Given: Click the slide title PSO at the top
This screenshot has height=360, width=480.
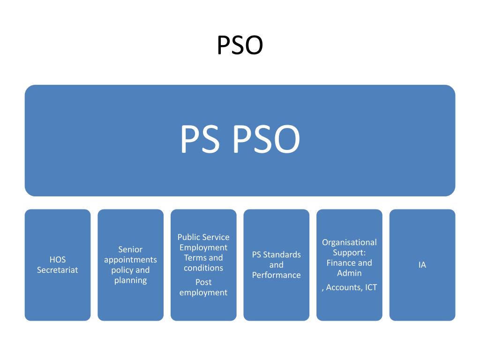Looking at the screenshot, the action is [240, 46].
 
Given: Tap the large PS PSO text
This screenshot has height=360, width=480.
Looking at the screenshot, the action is [240, 139].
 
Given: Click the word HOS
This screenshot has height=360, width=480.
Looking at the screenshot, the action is [58, 260].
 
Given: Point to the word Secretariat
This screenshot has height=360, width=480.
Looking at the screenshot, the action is [58, 270].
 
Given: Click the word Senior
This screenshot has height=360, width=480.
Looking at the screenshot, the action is [130, 249].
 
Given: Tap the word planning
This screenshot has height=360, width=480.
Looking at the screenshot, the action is [130, 280].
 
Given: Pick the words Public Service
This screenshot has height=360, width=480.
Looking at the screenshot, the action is [203, 237].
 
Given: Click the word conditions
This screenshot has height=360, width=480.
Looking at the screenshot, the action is [203, 268].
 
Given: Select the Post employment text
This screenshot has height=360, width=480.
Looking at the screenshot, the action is [203, 287].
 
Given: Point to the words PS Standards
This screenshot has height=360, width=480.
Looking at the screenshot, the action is [276, 255].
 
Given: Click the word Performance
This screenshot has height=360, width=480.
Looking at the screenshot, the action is [276, 275].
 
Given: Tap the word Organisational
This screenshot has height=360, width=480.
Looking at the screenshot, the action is [349, 242].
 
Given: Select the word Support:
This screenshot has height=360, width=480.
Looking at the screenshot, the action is [349, 253].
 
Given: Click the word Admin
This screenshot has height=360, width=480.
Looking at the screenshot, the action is [349, 273].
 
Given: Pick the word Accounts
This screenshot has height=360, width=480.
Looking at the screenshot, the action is [344, 288].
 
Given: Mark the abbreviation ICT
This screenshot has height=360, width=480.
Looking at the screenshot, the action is [371, 288].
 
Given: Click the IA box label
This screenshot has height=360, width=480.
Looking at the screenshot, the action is [422, 265].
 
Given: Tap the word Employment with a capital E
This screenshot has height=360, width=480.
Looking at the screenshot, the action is [203, 247].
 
